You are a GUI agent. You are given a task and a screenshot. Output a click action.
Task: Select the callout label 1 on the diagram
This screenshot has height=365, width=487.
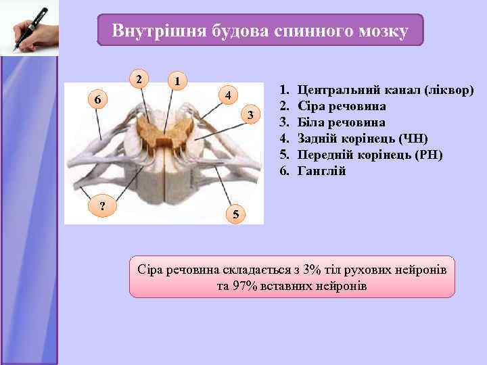pos(177,82)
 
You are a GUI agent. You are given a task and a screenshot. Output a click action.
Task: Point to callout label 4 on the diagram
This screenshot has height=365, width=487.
pos(229,95)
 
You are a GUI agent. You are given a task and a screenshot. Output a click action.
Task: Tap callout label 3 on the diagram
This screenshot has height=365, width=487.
pos(250,116)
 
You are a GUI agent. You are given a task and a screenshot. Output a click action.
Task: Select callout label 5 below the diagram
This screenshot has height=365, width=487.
pos(234,215)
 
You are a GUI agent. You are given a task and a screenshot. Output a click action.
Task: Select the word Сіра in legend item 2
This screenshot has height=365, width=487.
pos(311,106)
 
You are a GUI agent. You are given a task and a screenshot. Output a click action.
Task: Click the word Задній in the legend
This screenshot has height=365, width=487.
pos(318,139)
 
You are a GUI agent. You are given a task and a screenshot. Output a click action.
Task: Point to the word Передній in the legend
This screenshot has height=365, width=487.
pos(324,155)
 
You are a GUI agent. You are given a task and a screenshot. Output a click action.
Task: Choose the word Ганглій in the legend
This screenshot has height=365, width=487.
pos(322,171)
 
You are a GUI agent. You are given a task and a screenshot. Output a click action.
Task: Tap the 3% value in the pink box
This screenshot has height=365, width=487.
pos(312,270)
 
